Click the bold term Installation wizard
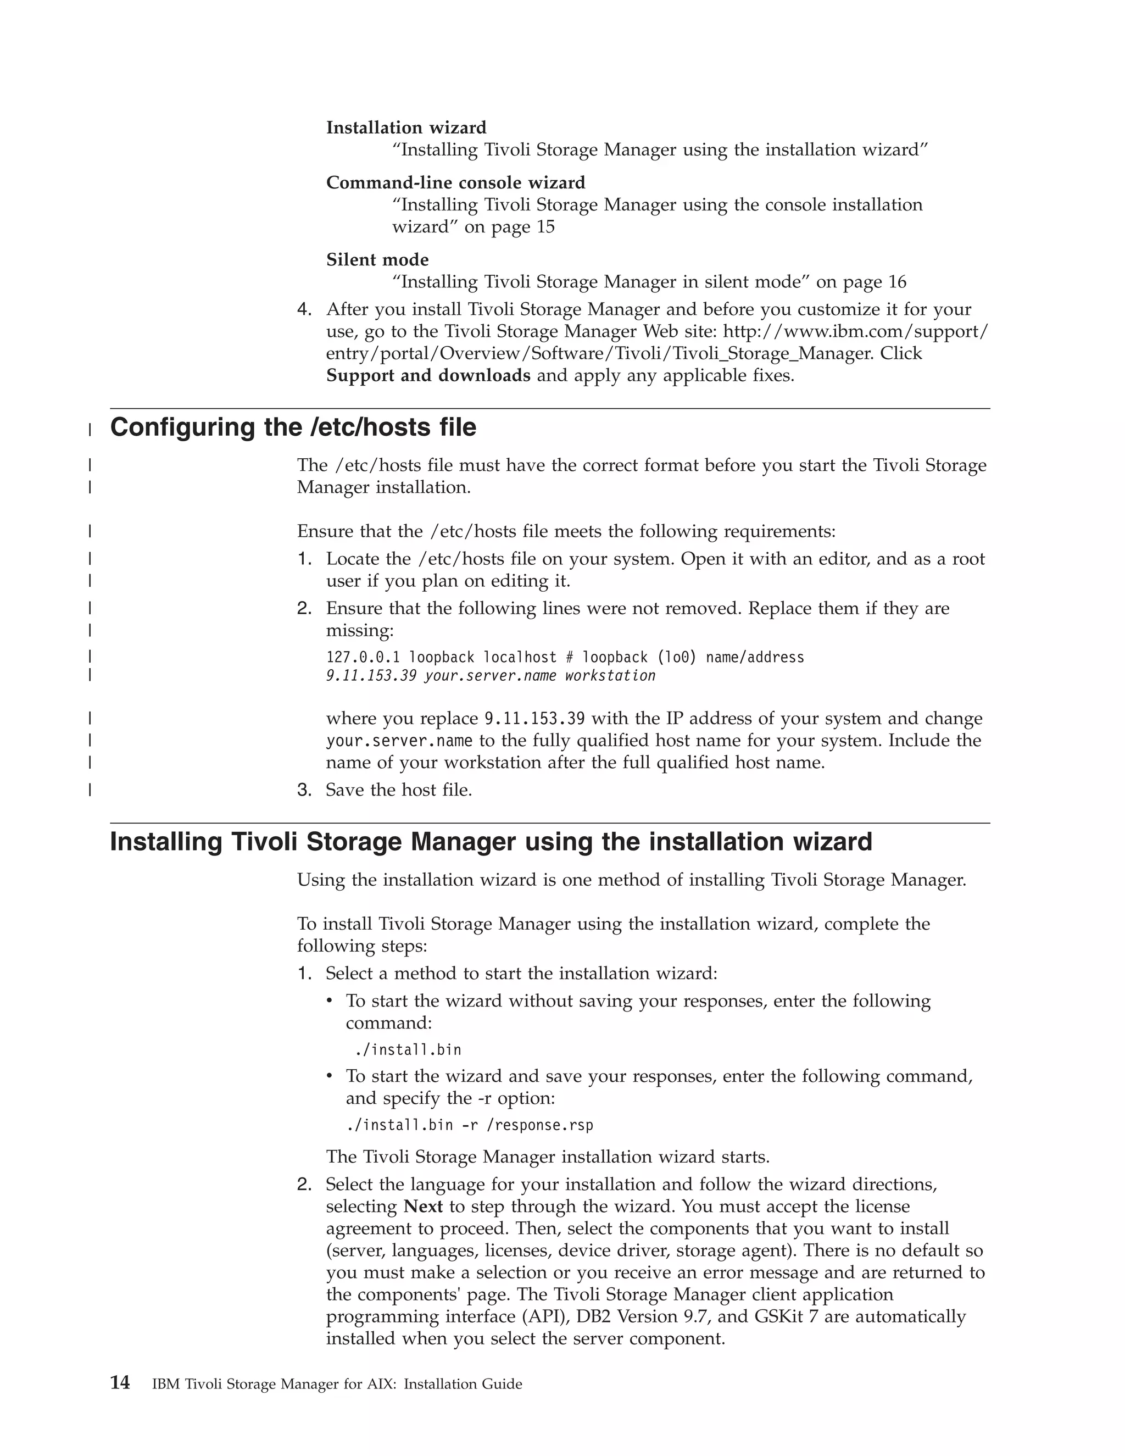pos(406,127)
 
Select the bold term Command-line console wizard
pos(455,182)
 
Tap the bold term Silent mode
pos(377,259)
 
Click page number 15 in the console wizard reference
pos(544,227)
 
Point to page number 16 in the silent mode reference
pos(896,282)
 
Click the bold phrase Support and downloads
pos(428,375)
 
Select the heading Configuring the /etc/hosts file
pos(293,427)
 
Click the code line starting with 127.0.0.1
pos(565,657)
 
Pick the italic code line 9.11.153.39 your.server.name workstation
pos(491,676)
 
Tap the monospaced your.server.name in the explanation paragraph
pos(399,741)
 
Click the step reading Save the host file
pos(399,790)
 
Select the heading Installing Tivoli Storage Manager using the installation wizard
pos(491,842)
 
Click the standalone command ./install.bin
pos(408,1050)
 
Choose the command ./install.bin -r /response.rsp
pos(469,1125)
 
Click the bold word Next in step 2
pos(423,1207)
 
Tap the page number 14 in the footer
pos(120,1383)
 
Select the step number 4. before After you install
pos(304,309)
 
